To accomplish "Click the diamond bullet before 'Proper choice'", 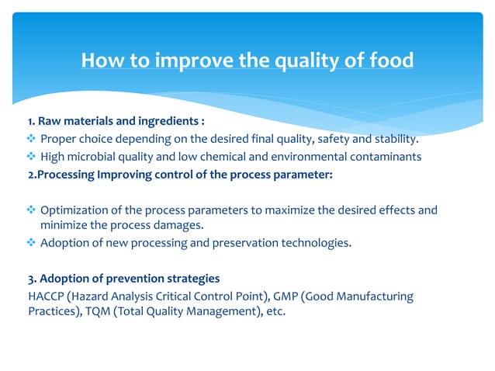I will [x=31, y=139].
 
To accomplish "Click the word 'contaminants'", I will [x=384, y=157].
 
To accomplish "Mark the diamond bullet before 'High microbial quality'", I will [x=31, y=157].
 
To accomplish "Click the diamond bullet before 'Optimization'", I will [x=31, y=210].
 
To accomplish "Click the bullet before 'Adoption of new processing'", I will [x=31, y=243].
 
